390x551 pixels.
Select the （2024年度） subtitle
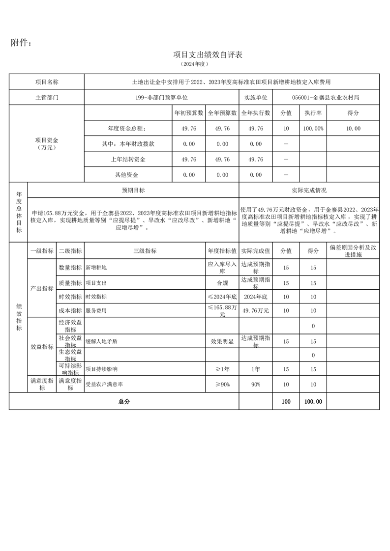coord(195,64)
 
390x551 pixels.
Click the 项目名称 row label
coord(47,82)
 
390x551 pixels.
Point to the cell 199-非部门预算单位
coord(161,97)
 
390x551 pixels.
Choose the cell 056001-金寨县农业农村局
coord(325,97)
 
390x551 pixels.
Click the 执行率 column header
coord(313,113)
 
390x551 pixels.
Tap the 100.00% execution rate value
coord(313,128)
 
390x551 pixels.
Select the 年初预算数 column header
coord(189,113)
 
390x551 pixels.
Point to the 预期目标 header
coord(133,190)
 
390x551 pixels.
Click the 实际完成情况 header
coord(309,190)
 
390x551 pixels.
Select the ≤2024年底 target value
coord(222,297)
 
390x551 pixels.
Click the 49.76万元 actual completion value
coord(256,310)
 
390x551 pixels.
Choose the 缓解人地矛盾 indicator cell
coord(102,340)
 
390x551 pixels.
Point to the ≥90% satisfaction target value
coord(222,385)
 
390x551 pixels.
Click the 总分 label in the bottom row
coord(124,401)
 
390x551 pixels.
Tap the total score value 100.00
coord(313,401)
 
